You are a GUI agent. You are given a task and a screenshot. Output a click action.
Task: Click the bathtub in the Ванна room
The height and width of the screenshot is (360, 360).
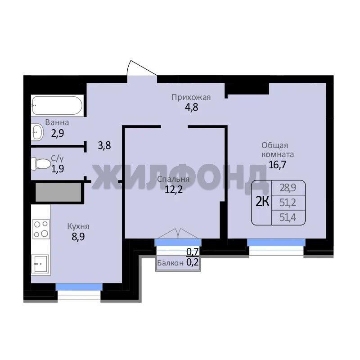[x=58, y=105]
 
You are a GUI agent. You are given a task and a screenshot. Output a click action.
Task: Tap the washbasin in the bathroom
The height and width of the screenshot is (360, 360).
[x=37, y=132]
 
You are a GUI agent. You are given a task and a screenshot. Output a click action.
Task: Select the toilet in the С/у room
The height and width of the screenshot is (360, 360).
[x=41, y=164]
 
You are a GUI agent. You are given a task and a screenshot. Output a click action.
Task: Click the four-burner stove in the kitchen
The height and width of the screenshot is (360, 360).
[x=41, y=229]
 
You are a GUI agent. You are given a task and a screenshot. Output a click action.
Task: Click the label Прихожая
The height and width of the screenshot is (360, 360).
[x=191, y=97]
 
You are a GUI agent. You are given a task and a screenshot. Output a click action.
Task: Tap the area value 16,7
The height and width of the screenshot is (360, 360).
[x=277, y=165]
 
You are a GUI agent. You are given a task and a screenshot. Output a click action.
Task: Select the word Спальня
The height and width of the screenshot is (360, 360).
[x=173, y=179]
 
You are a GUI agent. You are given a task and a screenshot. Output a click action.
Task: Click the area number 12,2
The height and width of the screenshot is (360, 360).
[x=174, y=189]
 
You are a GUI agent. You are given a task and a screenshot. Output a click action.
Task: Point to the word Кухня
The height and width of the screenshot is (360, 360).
[x=78, y=226]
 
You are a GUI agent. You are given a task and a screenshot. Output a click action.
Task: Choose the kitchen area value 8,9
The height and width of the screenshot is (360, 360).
[x=78, y=237]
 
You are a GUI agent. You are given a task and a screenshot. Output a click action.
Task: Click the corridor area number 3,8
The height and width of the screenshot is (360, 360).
[x=104, y=145]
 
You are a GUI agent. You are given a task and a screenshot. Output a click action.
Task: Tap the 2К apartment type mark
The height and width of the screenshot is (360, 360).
[x=262, y=202]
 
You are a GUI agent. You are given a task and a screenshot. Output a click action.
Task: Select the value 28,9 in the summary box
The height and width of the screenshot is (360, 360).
[x=288, y=188]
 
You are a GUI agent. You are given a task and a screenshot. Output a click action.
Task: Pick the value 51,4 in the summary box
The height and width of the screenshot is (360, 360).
[x=288, y=217]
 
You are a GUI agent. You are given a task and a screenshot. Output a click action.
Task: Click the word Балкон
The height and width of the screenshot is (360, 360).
[x=171, y=263]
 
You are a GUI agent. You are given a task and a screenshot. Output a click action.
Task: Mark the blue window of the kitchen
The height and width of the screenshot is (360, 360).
[x=79, y=287]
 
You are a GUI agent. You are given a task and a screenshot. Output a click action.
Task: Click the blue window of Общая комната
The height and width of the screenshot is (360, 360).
[x=276, y=243]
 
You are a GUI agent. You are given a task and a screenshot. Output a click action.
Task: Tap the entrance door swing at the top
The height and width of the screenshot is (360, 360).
[x=142, y=68]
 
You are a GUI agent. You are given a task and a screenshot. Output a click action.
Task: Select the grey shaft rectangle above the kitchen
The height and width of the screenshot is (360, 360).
[x=58, y=193]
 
